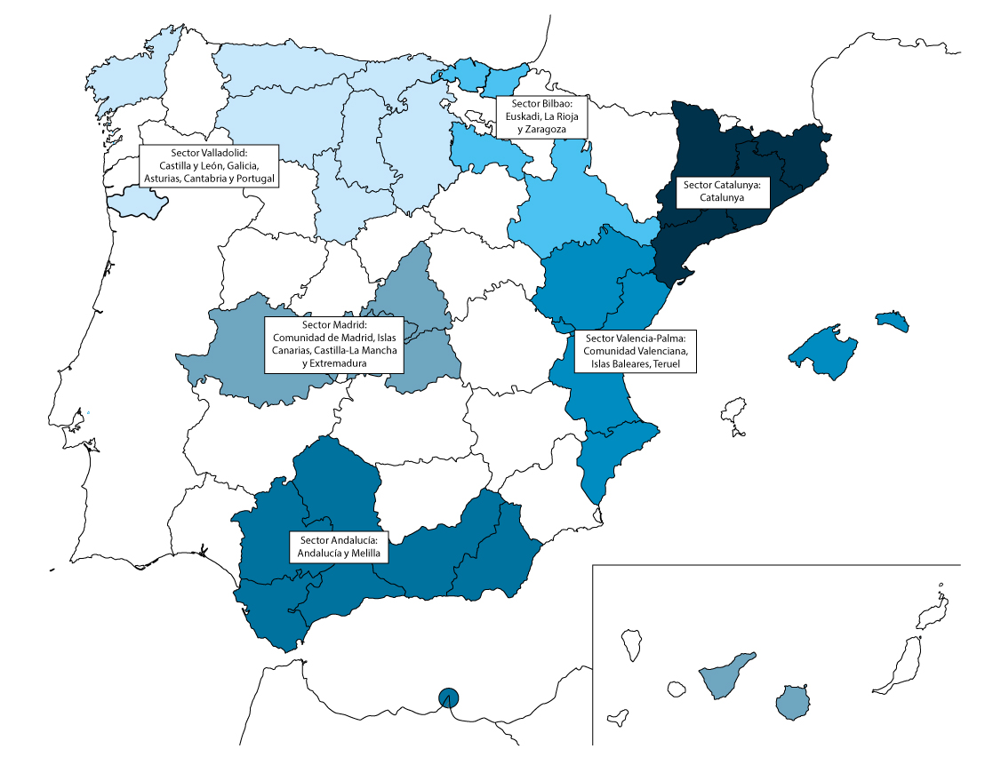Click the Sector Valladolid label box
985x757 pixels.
[209, 165]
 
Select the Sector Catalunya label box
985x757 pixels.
[722, 191]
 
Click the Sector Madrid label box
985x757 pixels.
[335, 344]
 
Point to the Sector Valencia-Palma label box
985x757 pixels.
[636, 351]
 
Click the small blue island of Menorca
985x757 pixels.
[893, 321]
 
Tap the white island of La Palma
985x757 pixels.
[632, 645]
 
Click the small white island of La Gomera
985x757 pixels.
[676, 689]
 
